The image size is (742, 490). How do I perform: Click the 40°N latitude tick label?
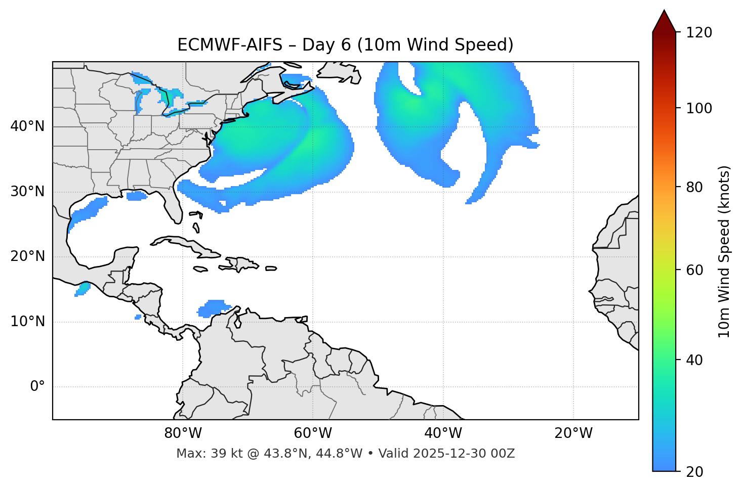27,126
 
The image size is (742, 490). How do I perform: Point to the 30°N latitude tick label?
27,192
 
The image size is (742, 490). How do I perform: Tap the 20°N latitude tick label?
27,257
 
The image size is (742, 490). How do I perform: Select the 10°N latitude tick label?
27,322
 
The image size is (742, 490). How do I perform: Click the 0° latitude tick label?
37,387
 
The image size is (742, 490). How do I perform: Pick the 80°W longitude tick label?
183,433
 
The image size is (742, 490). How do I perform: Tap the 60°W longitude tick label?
313,433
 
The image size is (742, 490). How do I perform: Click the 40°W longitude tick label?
443,433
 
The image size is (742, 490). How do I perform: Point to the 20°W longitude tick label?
573,433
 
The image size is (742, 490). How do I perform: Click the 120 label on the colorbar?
699,32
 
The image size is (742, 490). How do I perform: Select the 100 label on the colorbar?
699,108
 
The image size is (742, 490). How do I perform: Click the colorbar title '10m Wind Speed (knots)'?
724,251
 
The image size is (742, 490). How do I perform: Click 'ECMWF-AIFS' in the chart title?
230,45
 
